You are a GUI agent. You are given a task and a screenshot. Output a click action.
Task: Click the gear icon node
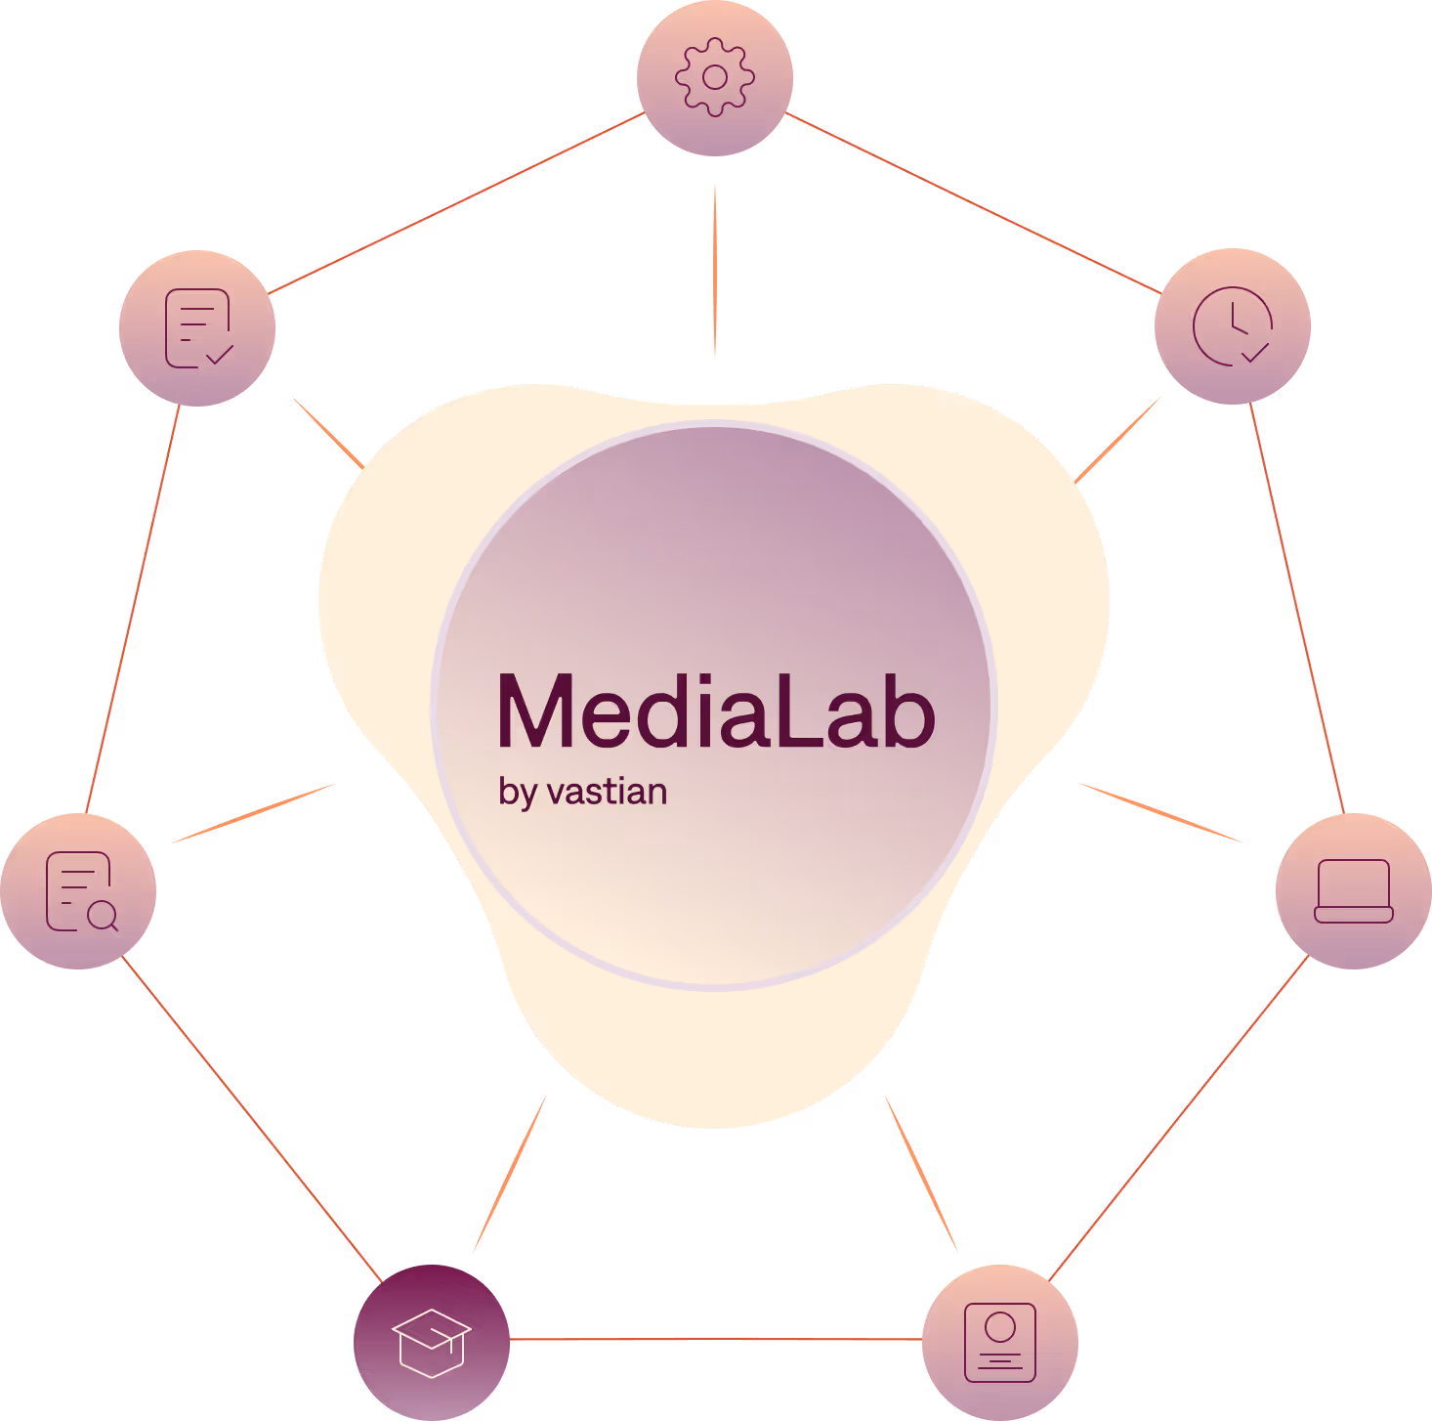tap(715, 78)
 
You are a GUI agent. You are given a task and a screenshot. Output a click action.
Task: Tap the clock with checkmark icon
tap(1233, 326)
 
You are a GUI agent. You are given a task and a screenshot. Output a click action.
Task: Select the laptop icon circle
tap(1354, 891)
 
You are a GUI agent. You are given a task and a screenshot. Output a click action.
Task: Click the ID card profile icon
tap(1000, 1342)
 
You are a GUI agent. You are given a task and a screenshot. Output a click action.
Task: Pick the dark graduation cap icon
tap(432, 1342)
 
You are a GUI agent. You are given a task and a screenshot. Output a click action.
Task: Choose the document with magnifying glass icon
tap(78, 891)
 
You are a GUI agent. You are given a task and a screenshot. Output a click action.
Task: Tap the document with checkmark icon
tap(197, 328)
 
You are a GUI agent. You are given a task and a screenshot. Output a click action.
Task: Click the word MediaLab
tap(716, 711)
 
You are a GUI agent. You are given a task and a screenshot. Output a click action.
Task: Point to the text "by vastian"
tap(583, 792)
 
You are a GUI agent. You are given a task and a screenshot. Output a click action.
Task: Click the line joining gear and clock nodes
tap(973, 203)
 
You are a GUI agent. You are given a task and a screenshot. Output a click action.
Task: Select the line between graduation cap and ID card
tap(716, 1339)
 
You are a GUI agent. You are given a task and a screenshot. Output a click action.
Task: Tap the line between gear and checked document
tap(456, 203)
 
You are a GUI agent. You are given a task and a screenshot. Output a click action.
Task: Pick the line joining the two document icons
tap(133, 608)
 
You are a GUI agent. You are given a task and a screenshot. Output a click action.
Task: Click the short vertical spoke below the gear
tap(715, 271)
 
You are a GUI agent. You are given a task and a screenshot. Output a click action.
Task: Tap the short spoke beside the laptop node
tap(1160, 812)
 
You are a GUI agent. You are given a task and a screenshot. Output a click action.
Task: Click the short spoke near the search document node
tap(254, 812)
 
